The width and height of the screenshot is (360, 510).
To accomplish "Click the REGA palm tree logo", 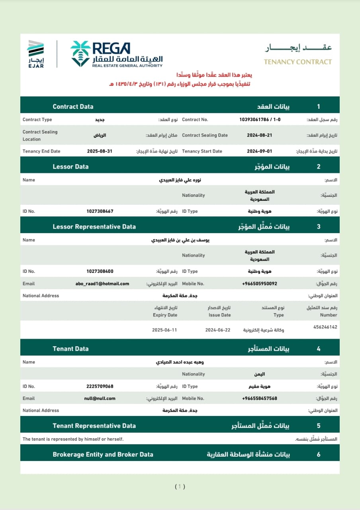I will pyautogui.click(x=80, y=53).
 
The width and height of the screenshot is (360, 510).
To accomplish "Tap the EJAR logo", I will pyautogui.click(x=36, y=54).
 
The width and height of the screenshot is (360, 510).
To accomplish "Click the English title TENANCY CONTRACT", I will pyautogui.click(x=297, y=62).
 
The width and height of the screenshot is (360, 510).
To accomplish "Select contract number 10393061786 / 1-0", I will pyautogui.click(x=260, y=120).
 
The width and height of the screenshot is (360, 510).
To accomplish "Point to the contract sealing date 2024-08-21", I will pyautogui.click(x=260, y=135).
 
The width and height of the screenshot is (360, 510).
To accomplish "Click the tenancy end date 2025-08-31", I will pyautogui.click(x=100, y=151).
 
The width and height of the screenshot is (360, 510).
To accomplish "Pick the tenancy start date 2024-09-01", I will pyautogui.click(x=260, y=151).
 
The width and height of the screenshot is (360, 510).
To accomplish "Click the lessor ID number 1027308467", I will pyautogui.click(x=100, y=211).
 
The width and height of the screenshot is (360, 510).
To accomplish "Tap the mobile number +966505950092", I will pyautogui.click(x=259, y=284).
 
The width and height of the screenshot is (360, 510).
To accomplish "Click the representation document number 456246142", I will pyautogui.click(x=325, y=327).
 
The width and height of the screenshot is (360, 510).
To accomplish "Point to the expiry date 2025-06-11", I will pyautogui.click(x=164, y=330).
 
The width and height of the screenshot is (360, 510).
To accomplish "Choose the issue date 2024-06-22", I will pyautogui.click(x=218, y=330).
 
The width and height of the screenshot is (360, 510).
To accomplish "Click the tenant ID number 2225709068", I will pyautogui.click(x=100, y=386).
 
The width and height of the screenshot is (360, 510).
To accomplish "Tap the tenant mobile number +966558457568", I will pyautogui.click(x=259, y=398).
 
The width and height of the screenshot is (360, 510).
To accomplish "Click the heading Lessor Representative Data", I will pyautogui.click(x=94, y=227).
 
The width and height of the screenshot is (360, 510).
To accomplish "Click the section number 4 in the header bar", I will pyautogui.click(x=318, y=349).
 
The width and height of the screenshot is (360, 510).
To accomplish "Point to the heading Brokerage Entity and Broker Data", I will pyautogui.click(x=103, y=455).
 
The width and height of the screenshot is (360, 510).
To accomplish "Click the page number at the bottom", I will pyautogui.click(x=180, y=486).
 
